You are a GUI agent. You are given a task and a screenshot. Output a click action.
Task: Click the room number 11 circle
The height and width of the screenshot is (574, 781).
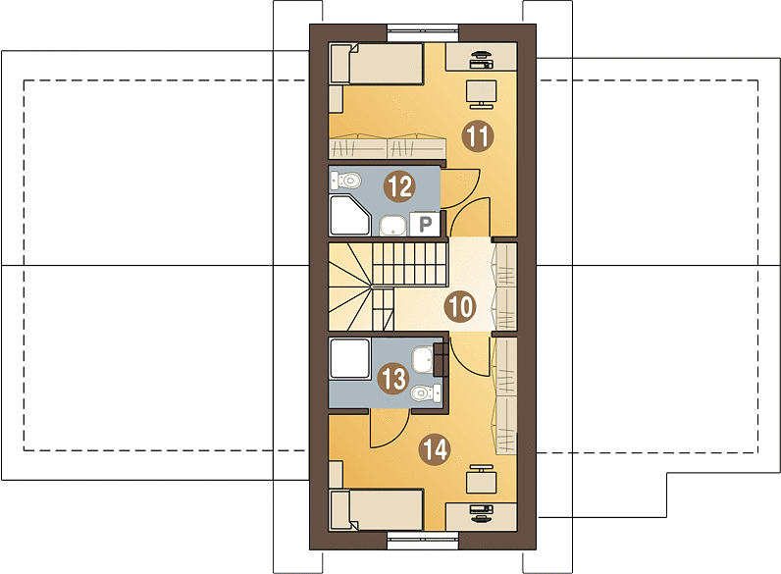pos(477,136)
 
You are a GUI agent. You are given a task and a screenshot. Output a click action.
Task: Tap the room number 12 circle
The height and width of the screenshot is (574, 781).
pos(398,184)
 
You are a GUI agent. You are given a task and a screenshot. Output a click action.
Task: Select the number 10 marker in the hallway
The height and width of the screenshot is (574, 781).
pos(459,306)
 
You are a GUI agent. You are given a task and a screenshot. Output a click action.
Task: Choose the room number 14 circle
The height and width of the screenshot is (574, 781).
pos(435,449)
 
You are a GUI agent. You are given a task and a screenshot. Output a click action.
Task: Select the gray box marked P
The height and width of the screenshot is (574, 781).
pos(426,225)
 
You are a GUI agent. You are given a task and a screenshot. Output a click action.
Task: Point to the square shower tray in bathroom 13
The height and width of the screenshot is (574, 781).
pos(350,360)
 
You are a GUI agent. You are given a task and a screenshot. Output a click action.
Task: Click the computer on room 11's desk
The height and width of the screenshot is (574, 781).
pos(481,59)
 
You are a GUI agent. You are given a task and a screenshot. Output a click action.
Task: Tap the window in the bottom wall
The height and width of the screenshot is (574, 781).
pos(424,538)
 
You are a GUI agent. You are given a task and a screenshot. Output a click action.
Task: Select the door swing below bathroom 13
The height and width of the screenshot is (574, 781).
pos(388,427)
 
